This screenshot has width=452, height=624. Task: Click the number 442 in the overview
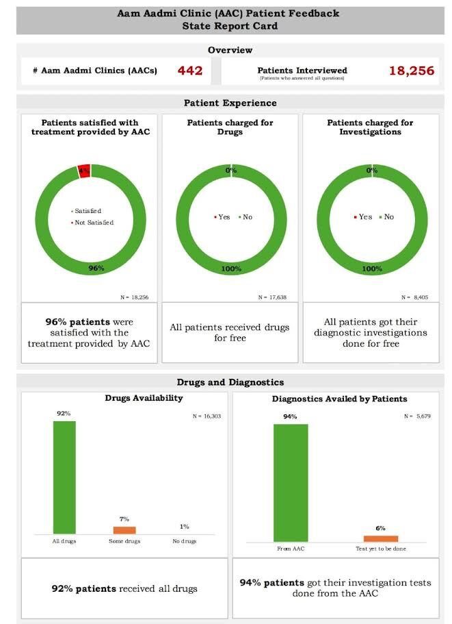[x=189, y=71]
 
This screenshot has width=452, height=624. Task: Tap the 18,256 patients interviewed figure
[x=412, y=71]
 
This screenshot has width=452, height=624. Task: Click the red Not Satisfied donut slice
[x=84, y=171]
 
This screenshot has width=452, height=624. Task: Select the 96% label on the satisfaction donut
[x=96, y=269]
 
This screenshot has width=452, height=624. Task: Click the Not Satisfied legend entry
[x=92, y=223]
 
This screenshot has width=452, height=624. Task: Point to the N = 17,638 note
[x=272, y=297]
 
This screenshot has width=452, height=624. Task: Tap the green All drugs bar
[x=64, y=477]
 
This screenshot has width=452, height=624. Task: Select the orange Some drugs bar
[x=124, y=529]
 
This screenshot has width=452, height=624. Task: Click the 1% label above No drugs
[x=185, y=526]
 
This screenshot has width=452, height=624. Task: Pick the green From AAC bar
[x=291, y=483]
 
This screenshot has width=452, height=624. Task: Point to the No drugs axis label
[x=185, y=541]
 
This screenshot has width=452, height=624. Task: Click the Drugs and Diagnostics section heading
[x=230, y=382]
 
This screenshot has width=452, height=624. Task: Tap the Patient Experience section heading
[x=230, y=103]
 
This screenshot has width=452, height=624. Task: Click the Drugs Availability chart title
[x=144, y=398]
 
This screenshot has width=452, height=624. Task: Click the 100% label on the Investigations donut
[x=372, y=269]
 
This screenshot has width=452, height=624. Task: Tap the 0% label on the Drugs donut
[x=231, y=170]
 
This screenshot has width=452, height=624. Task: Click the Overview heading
[x=230, y=50]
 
